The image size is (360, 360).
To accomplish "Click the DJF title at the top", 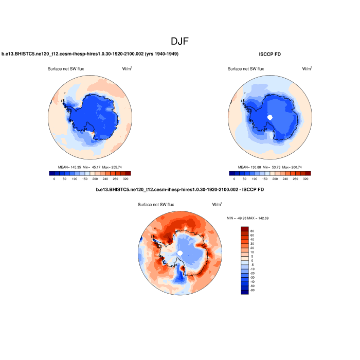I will coord(180,40).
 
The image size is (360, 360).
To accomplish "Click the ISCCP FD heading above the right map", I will coord(270,54).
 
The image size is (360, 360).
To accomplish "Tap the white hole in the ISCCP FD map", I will coord(269,117).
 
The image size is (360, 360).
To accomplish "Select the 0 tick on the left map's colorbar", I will coord(54,179).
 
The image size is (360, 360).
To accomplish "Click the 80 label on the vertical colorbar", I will coord(252,231).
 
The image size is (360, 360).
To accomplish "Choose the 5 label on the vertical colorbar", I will coord(251,256).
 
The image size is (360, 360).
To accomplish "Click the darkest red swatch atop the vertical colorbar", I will coord(244,229).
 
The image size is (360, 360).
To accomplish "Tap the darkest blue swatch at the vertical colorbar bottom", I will coord(244,292).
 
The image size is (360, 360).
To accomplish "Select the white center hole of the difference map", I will coord(180,253).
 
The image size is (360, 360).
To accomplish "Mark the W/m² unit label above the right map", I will coord(307,68).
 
